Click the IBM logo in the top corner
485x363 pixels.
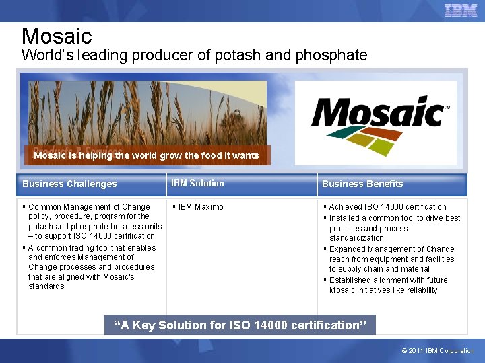pyautogui.click(x=461, y=10)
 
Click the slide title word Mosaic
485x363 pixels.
pyautogui.click(x=57, y=36)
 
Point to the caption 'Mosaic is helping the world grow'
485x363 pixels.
pyautogui.click(x=146, y=155)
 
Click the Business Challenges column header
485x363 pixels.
pyautogui.click(x=69, y=184)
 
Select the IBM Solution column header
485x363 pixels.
pyautogui.click(x=197, y=183)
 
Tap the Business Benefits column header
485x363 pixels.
pyautogui.click(x=362, y=184)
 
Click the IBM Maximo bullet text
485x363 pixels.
pyautogui.click(x=201, y=207)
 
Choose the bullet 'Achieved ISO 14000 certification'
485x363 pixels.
pyautogui.click(x=387, y=207)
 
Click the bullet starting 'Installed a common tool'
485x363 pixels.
pyautogui.click(x=394, y=228)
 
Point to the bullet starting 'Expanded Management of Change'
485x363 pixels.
pyautogui.click(x=391, y=259)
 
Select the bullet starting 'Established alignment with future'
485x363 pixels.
pyautogui.click(x=388, y=285)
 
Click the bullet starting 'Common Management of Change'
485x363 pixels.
pyautogui.click(x=94, y=221)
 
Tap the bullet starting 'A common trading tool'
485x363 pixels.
pyautogui.click(x=92, y=267)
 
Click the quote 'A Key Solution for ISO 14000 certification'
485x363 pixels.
pyautogui.click(x=240, y=325)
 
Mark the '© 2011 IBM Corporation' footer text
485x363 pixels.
pyautogui.click(x=438, y=351)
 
